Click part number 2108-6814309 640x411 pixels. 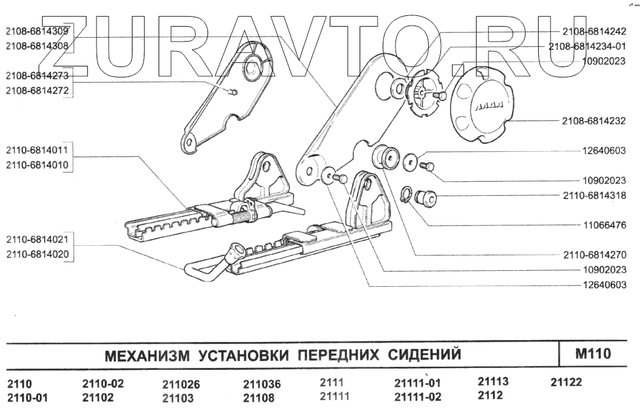(38, 30)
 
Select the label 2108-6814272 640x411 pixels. (38, 91)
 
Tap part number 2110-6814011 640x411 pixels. (38, 151)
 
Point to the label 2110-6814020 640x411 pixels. (38, 255)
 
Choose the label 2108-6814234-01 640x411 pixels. (586, 47)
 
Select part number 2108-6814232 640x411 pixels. (593, 121)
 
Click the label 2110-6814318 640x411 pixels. (593, 195)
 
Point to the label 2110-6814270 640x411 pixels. (593, 255)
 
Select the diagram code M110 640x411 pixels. (593, 353)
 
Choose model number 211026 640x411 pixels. (181, 385)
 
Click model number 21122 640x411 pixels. (566, 383)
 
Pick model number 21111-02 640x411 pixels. (418, 398)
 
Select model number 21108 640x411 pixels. (259, 398)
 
